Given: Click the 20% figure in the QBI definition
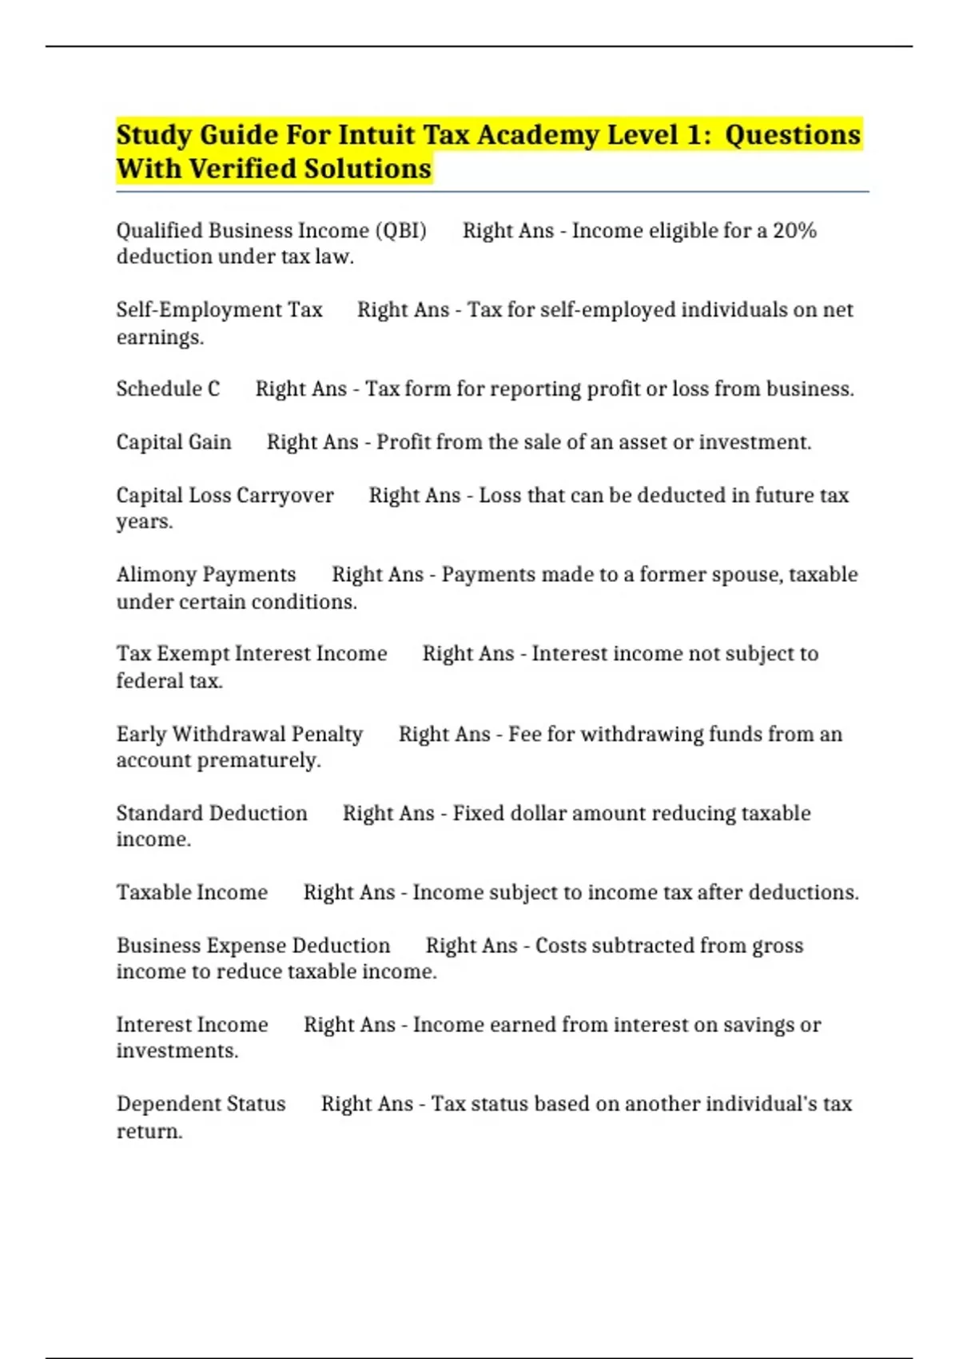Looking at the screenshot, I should [x=794, y=231].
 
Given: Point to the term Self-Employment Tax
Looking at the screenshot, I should [x=219, y=310].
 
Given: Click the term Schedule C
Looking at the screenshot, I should [x=168, y=389].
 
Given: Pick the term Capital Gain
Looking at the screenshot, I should [x=173, y=442].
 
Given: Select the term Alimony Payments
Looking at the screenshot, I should [x=206, y=575].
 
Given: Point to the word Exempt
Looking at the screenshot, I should [x=193, y=654].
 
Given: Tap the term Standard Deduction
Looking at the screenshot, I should [x=212, y=813].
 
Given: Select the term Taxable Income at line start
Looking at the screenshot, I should [x=192, y=892].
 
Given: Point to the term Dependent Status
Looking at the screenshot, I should [x=201, y=1104].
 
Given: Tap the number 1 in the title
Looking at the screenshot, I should [x=694, y=135].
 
